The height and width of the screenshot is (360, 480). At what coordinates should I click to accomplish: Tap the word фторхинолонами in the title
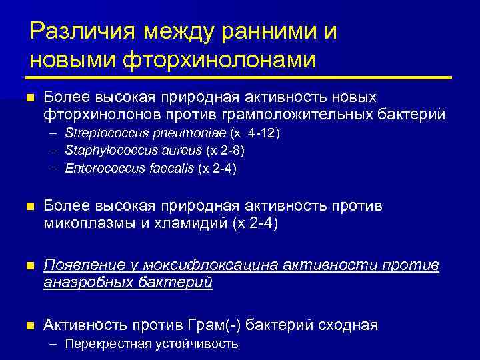pyautogui.click(x=215, y=59)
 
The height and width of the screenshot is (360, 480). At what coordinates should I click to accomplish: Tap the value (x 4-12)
pyautogui.click(x=255, y=133)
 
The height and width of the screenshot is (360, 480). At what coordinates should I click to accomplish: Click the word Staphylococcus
pyautogui.click(x=103, y=151)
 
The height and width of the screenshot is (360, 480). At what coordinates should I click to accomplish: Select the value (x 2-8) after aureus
pyautogui.click(x=225, y=151)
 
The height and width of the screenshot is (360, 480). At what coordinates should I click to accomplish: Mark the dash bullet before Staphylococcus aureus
pyautogui.click(x=53, y=151)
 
